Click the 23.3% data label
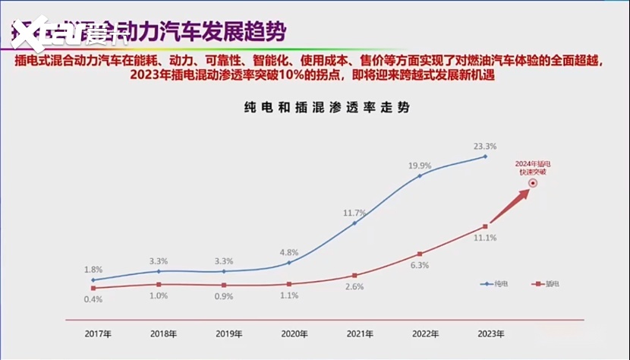point(484,147)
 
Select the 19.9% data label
point(419,166)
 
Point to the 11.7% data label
point(354,213)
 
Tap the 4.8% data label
point(289,252)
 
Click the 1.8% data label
point(93,270)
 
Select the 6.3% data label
point(420,265)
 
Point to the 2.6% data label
point(354,286)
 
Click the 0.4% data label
point(93,298)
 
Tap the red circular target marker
point(534,183)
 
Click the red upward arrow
point(509,206)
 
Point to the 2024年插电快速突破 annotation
point(531,168)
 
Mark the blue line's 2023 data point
point(484,156)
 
